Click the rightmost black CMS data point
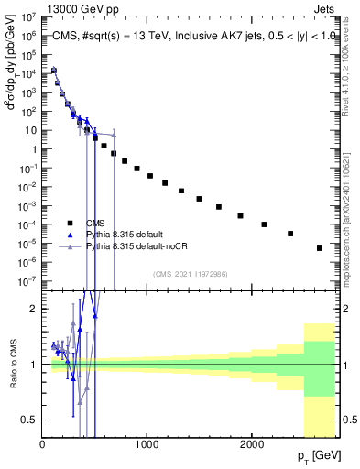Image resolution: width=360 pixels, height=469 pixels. (320, 248)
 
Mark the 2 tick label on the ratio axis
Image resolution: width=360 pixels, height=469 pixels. (33, 309)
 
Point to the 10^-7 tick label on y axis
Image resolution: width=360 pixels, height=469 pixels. (27, 281)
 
